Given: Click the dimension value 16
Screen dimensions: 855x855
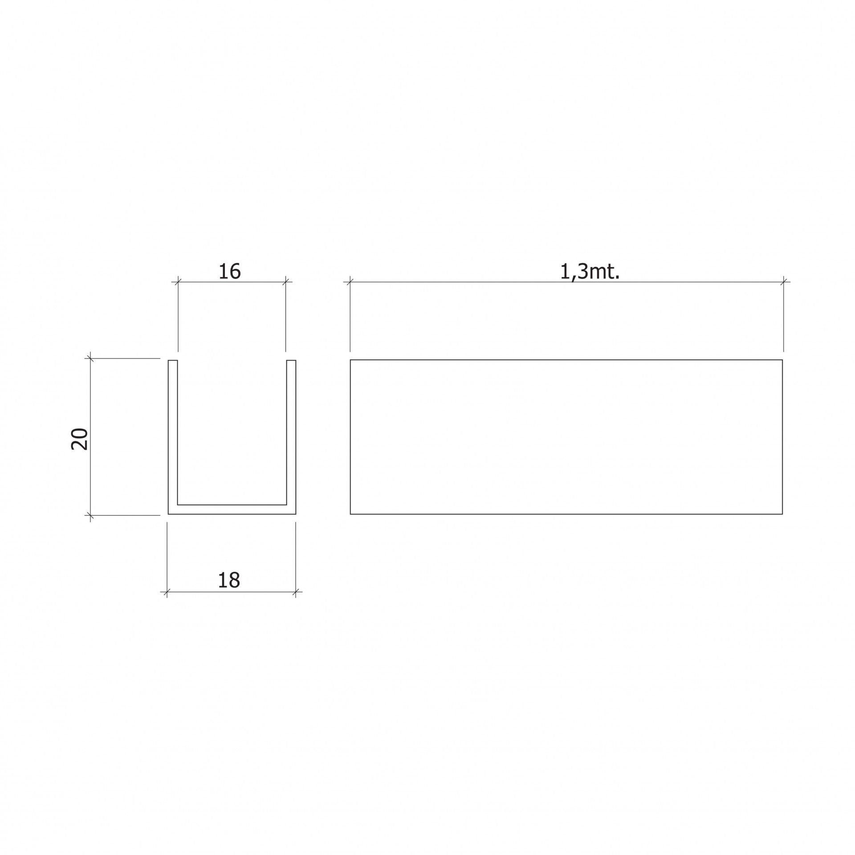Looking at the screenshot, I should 229,272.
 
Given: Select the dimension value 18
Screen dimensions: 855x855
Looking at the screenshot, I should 229,580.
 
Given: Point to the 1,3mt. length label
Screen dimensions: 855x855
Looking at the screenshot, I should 590,272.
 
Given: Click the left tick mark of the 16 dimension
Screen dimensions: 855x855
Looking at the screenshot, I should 178,281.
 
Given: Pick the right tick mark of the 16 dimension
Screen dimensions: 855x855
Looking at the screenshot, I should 286,281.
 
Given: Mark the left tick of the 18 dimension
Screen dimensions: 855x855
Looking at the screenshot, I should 167,592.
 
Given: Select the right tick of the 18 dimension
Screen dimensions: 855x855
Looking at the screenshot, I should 296,592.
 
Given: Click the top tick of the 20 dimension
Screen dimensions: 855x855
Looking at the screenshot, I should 91,358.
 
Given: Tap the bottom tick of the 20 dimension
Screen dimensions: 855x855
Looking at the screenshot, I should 91,515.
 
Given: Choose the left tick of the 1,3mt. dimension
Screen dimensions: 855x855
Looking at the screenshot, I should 350,281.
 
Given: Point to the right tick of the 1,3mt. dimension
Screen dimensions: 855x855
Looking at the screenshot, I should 783,281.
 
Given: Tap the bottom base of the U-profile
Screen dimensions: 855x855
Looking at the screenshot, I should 232,510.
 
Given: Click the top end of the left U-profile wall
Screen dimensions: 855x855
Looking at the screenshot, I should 173,360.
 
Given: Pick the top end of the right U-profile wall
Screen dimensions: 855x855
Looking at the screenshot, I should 291,360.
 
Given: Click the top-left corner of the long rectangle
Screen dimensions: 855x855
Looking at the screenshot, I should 350,360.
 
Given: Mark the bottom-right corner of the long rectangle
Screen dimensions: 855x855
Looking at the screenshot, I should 782,514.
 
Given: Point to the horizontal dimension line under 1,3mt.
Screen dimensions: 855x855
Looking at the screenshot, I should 490,282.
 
